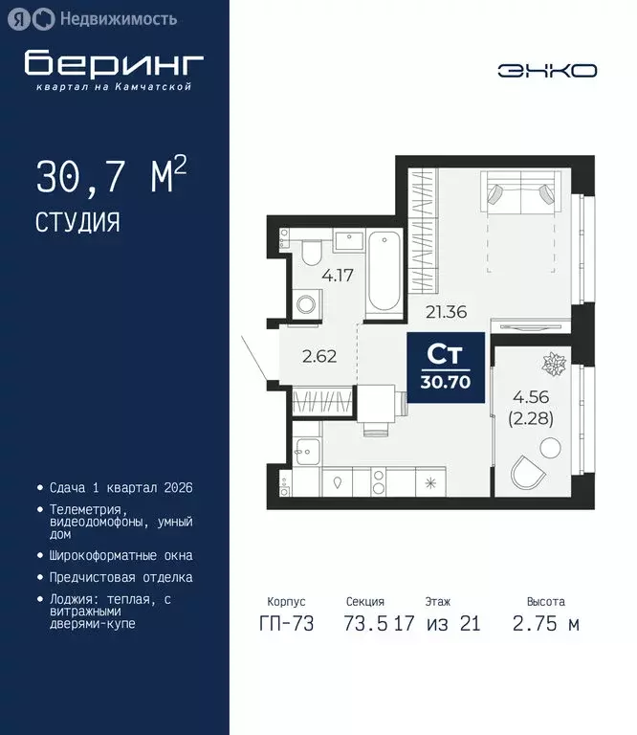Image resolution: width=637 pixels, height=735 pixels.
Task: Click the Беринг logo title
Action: pos(114,62)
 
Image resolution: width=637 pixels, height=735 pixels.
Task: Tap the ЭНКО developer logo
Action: pos(547,70)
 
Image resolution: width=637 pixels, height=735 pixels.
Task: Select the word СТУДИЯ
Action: pos(78,223)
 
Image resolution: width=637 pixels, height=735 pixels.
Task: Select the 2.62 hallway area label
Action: pos(318,358)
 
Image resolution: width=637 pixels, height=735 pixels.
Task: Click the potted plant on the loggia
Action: pos(554,365)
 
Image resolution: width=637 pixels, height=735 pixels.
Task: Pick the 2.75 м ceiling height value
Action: pos(545,624)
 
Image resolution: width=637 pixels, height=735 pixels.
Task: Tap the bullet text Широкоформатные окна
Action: pos(121,555)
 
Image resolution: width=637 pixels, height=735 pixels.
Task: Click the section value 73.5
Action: pos(364,624)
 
